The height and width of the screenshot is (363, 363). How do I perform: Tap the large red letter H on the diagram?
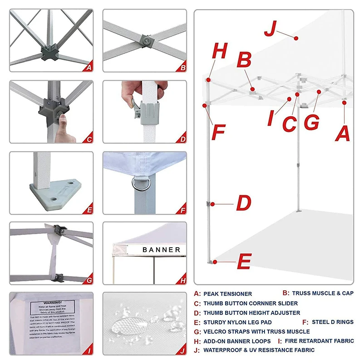tap(220, 52)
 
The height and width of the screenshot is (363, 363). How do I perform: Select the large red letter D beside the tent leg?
tap(244, 203)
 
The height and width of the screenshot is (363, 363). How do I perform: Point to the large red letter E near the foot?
tap(244, 262)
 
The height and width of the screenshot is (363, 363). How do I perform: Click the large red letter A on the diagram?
tap(343, 134)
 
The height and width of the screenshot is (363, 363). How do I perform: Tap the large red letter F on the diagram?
tap(219, 132)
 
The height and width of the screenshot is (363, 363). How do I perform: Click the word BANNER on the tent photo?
tap(161, 250)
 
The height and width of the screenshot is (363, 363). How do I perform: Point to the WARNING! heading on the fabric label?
tap(51, 302)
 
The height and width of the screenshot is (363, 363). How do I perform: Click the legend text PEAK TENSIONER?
tap(227, 294)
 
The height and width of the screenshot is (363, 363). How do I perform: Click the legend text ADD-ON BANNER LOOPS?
tap(237, 341)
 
